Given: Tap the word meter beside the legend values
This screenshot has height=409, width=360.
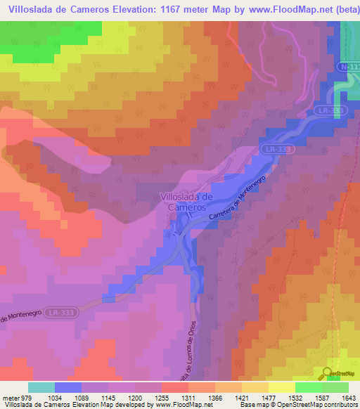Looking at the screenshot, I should [x=11, y=398].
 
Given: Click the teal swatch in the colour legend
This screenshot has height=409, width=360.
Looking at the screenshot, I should [x=41, y=387].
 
